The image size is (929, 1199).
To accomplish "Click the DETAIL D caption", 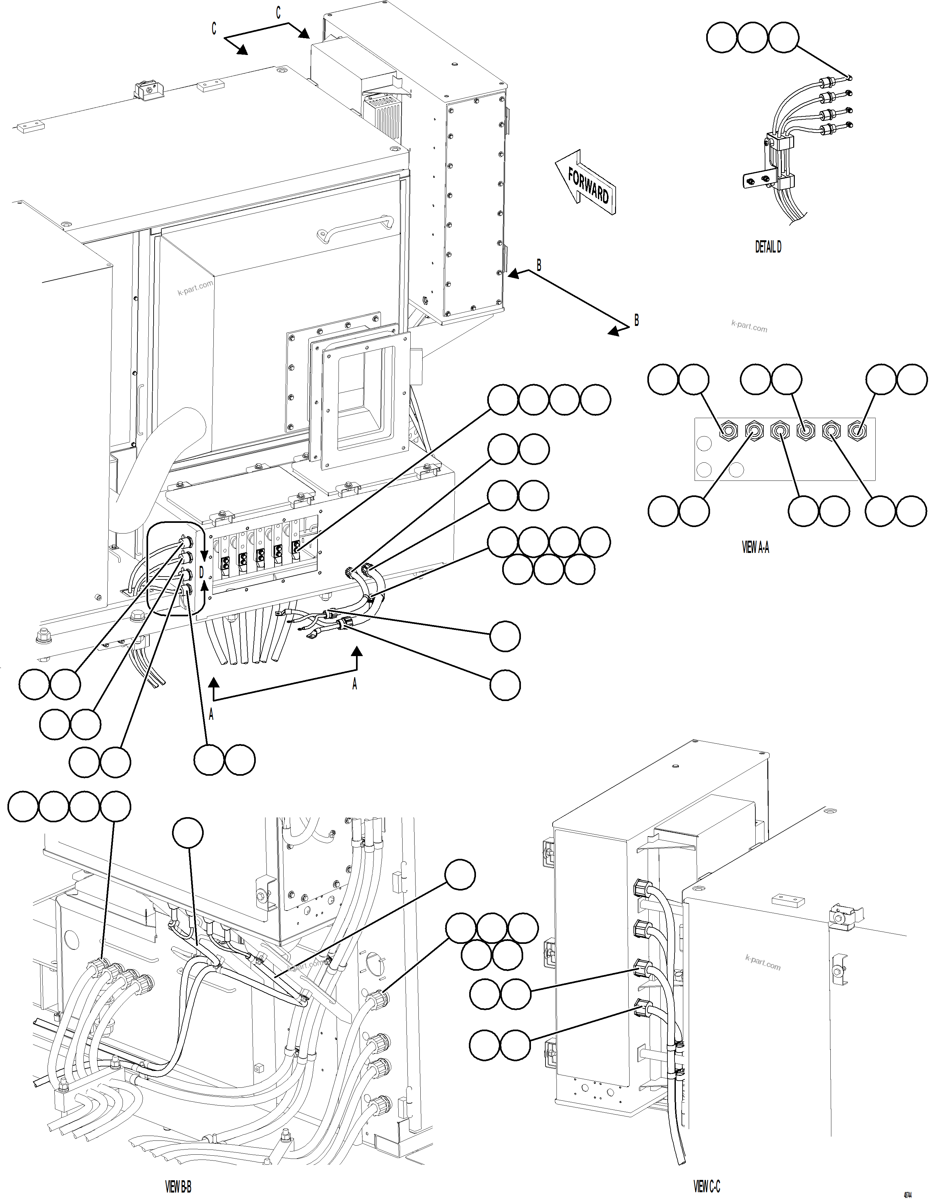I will pos(768,247).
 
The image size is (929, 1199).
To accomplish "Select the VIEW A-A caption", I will pos(755,547).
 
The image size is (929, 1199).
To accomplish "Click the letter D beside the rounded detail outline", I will pos(201,573).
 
